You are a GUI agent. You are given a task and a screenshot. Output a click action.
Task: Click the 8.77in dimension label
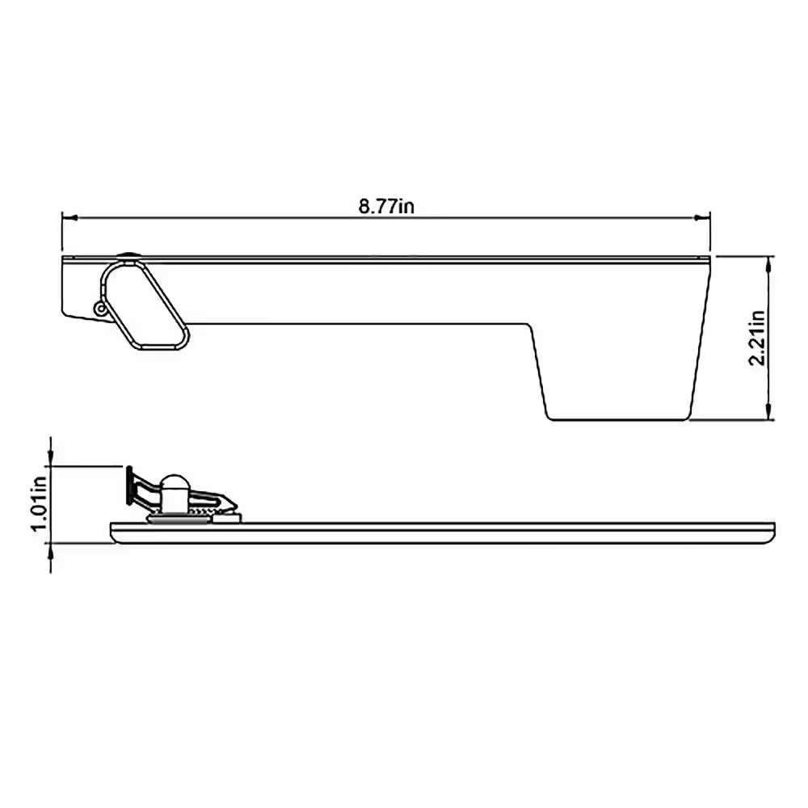(x=387, y=206)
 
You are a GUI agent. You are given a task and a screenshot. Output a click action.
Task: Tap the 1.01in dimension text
(x=36, y=502)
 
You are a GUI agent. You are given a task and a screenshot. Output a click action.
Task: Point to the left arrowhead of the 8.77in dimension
(x=69, y=217)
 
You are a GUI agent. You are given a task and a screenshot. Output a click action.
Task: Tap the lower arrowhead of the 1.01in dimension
(x=52, y=550)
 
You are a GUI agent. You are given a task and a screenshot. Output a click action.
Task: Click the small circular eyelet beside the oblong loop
(x=100, y=308)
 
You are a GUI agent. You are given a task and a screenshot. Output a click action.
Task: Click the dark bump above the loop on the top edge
(x=127, y=256)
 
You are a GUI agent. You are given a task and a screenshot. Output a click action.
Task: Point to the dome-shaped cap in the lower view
(x=174, y=487)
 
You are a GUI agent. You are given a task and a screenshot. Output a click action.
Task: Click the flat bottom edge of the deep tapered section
(x=618, y=419)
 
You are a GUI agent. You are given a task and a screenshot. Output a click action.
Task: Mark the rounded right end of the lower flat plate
(x=773, y=532)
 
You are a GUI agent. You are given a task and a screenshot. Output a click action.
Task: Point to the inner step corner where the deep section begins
(x=530, y=326)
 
